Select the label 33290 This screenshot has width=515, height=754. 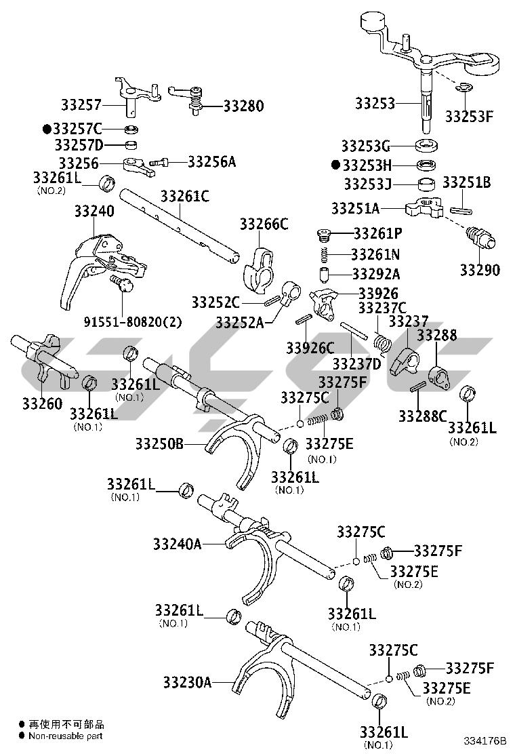pyautogui.click(x=480, y=271)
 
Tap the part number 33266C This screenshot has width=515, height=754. pyautogui.click(x=264, y=224)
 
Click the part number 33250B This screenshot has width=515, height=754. pyautogui.click(x=159, y=444)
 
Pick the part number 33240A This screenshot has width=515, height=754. pyautogui.click(x=178, y=544)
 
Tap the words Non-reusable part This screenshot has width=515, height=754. pyautogui.click(x=65, y=736)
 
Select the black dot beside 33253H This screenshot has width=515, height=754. pyautogui.click(x=335, y=165)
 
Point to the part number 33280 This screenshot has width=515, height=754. pyautogui.click(x=244, y=106)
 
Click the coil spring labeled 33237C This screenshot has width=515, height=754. pyautogui.click(x=384, y=343)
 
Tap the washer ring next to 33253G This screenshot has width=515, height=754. pyautogui.click(x=428, y=145)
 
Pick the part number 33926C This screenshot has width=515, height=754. pyautogui.click(x=310, y=348)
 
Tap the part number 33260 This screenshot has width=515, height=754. pyautogui.click(x=42, y=404)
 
